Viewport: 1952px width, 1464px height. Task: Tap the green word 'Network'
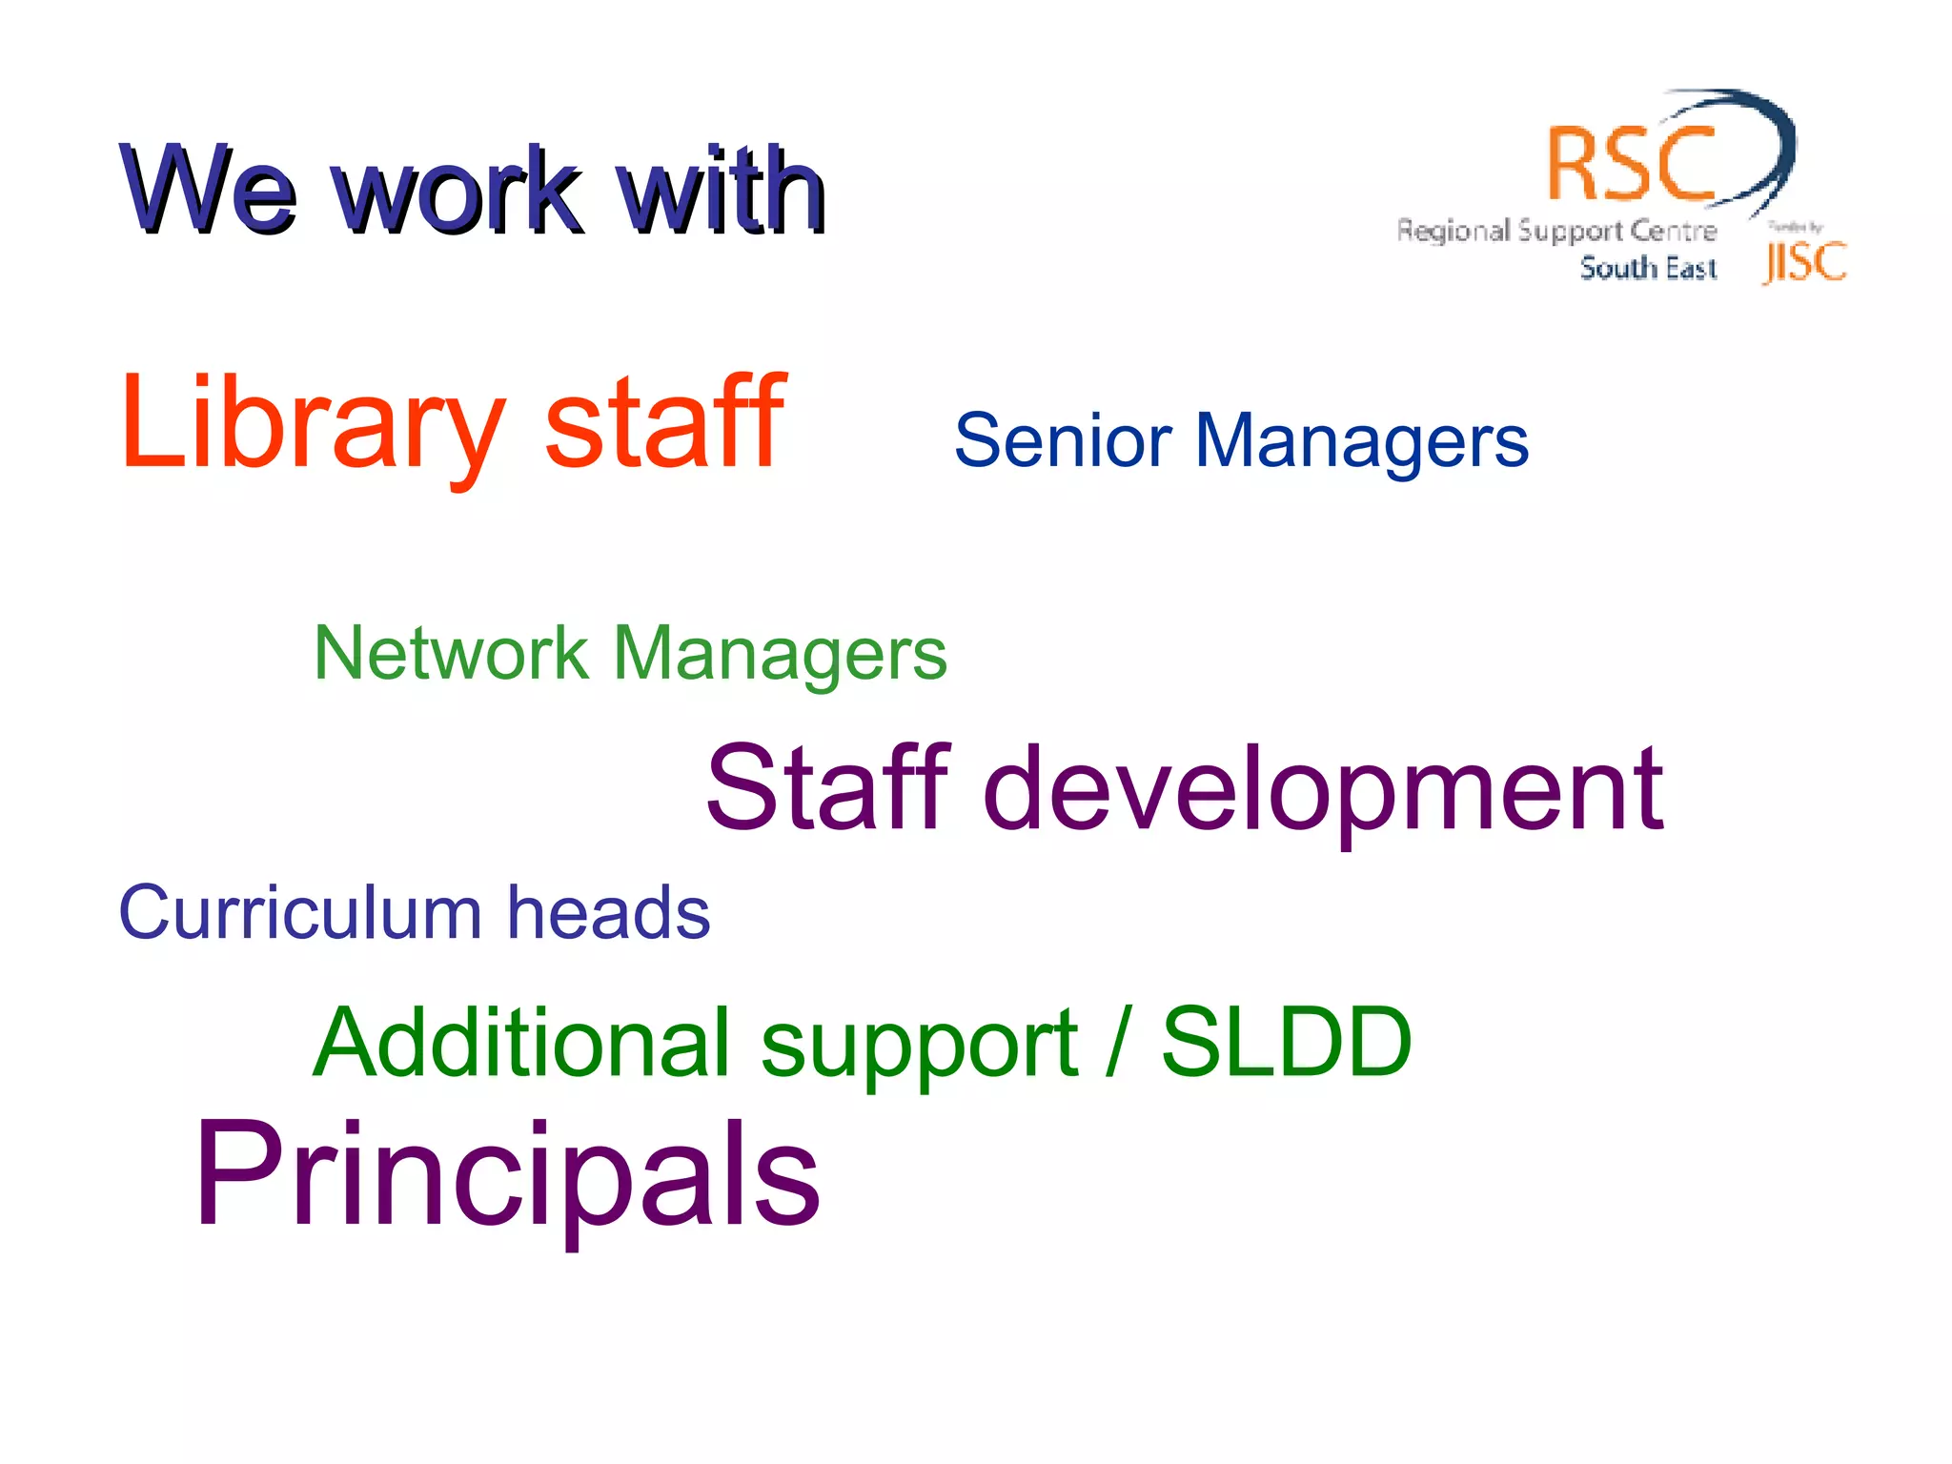pyautogui.click(x=451, y=654)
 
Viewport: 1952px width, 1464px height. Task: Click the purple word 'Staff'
pyautogui.click(x=827, y=788)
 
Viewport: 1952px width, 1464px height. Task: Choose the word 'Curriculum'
pyautogui.click(x=299, y=913)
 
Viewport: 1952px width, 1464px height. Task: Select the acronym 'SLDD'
pyautogui.click(x=1286, y=1043)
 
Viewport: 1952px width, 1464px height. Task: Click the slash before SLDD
pyautogui.click(x=1118, y=1043)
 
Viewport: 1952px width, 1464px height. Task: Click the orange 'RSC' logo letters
pyautogui.click(x=1631, y=165)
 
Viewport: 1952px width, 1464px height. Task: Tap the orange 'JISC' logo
pyautogui.click(x=1804, y=262)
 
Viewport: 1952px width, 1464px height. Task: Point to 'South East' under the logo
pyautogui.click(x=1648, y=268)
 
